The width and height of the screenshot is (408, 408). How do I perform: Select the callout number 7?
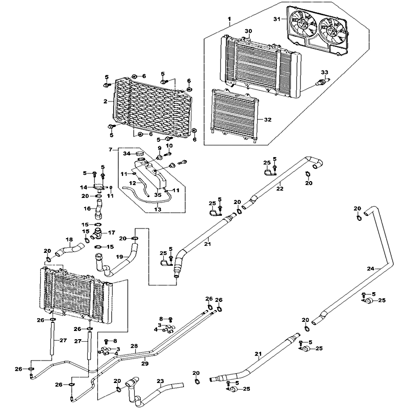pos(109,149)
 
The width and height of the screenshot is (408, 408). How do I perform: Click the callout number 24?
pos(371,268)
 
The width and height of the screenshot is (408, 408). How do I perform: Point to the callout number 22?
pos(279,189)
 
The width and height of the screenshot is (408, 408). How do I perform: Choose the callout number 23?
pos(160,381)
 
